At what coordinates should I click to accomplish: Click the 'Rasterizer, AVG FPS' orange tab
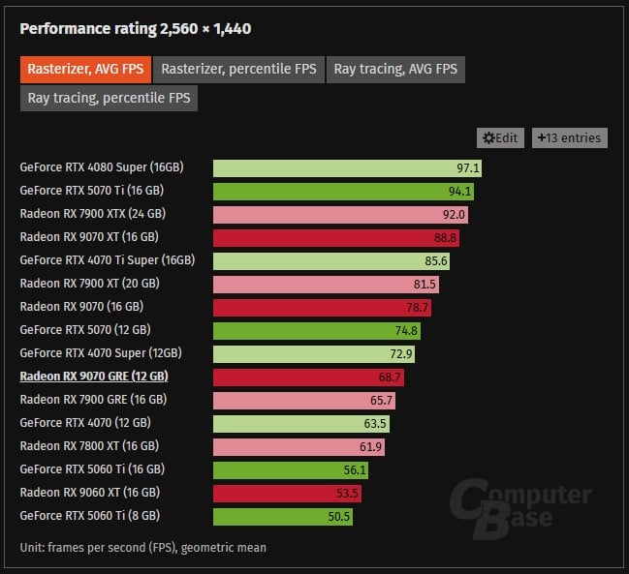[85, 70]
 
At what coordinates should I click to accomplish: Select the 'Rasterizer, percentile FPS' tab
[238, 70]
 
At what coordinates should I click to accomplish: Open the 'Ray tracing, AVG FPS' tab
[395, 70]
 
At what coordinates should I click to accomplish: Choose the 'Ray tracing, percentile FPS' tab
[109, 98]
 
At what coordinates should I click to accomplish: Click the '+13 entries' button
[570, 138]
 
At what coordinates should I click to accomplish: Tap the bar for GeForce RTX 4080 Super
[347, 168]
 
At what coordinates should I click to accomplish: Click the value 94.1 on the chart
[459, 192]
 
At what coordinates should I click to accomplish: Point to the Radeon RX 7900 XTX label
[93, 214]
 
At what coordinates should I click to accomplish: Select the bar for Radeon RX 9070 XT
[336, 238]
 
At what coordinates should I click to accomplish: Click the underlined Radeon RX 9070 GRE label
[94, 377]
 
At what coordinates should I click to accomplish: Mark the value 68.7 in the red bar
[390, 378]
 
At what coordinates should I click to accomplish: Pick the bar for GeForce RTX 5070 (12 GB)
[317, 331]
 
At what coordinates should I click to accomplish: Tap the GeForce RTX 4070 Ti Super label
[108, 260]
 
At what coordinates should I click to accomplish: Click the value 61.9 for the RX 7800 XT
[370, 447]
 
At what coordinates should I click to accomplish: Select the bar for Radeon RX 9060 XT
[287, 494]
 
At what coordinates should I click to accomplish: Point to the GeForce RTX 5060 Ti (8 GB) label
[90, 516]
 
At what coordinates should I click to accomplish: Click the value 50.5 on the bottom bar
[339, 517]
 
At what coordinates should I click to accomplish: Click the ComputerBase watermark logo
[519, 509]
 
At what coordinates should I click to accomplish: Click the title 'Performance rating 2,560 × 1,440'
[136, 29]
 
